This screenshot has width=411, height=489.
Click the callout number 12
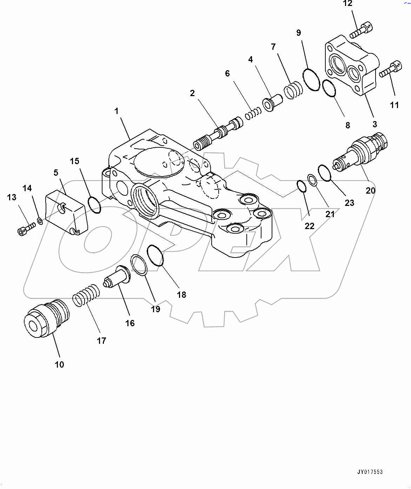pos(347,4)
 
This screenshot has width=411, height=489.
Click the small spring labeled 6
pos(253,114)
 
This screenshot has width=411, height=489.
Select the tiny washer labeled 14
pos(40,221)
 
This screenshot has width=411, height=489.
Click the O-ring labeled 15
pos(94,205)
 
